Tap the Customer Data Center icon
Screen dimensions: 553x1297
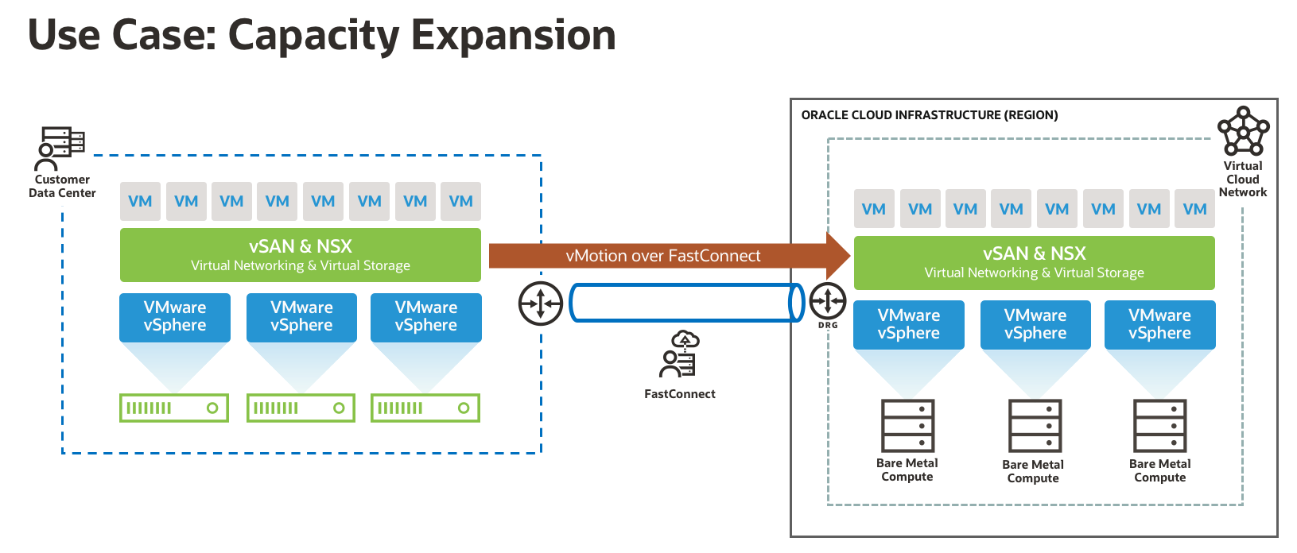pos(61,149)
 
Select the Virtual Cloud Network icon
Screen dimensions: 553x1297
pos(1243,132)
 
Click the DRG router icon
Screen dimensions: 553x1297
pos(828,301)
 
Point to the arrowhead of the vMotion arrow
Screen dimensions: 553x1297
pos(838,256)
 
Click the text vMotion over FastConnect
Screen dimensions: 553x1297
pos(662,256)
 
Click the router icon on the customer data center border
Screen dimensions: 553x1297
pos(541,303)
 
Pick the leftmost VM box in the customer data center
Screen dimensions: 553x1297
pos(140,201)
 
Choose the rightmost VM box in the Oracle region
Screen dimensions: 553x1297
pos(1194,209)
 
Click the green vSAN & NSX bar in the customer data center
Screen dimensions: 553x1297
pos(300,255)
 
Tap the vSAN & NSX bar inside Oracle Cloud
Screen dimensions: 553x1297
pos(1034,262)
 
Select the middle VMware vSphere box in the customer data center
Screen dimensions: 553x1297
pos(301,317)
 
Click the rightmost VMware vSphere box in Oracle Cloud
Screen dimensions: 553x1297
pos(1159,324)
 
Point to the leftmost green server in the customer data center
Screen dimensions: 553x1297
pos(174,408)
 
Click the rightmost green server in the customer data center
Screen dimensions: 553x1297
pos(425,408)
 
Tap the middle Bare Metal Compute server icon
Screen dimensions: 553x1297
pos(1034,426)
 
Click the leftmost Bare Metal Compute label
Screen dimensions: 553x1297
pos(907,470)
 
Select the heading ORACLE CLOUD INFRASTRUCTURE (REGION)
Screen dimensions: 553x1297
pos(929,115)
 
